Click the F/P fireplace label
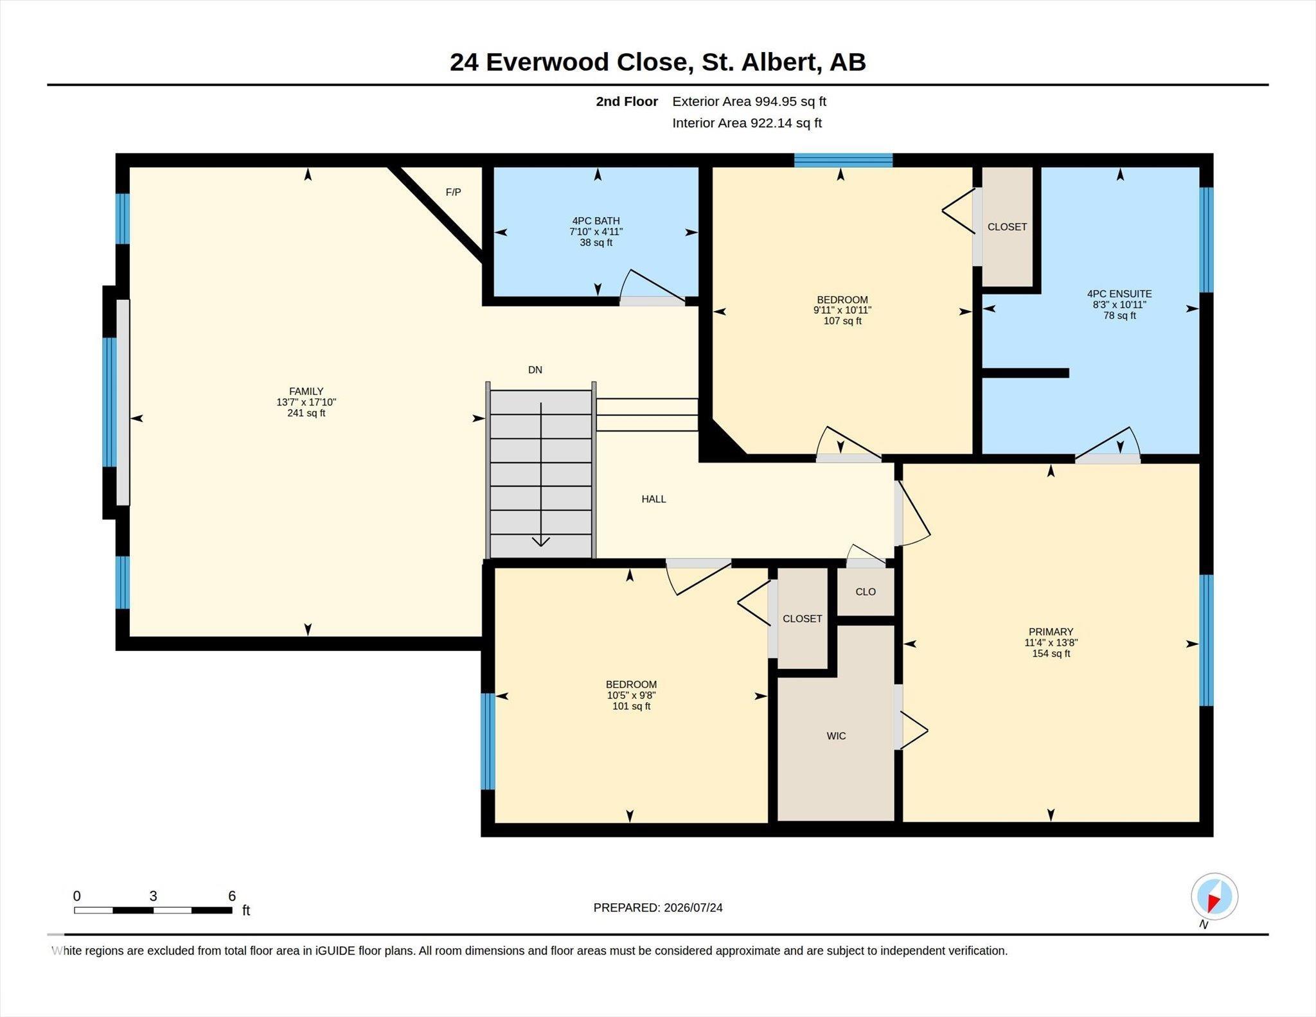453,192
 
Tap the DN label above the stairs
535,369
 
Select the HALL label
654,499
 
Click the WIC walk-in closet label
836,736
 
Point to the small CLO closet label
866,592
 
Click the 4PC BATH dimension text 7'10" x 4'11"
596,232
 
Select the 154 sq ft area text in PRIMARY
1051,653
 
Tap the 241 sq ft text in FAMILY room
307,413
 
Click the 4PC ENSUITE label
1119,294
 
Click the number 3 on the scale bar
153,896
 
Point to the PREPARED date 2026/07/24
693,908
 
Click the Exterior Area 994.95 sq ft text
749,102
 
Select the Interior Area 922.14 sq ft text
747,123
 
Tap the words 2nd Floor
627,102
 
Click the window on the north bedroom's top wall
843,160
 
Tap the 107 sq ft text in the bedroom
842,321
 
